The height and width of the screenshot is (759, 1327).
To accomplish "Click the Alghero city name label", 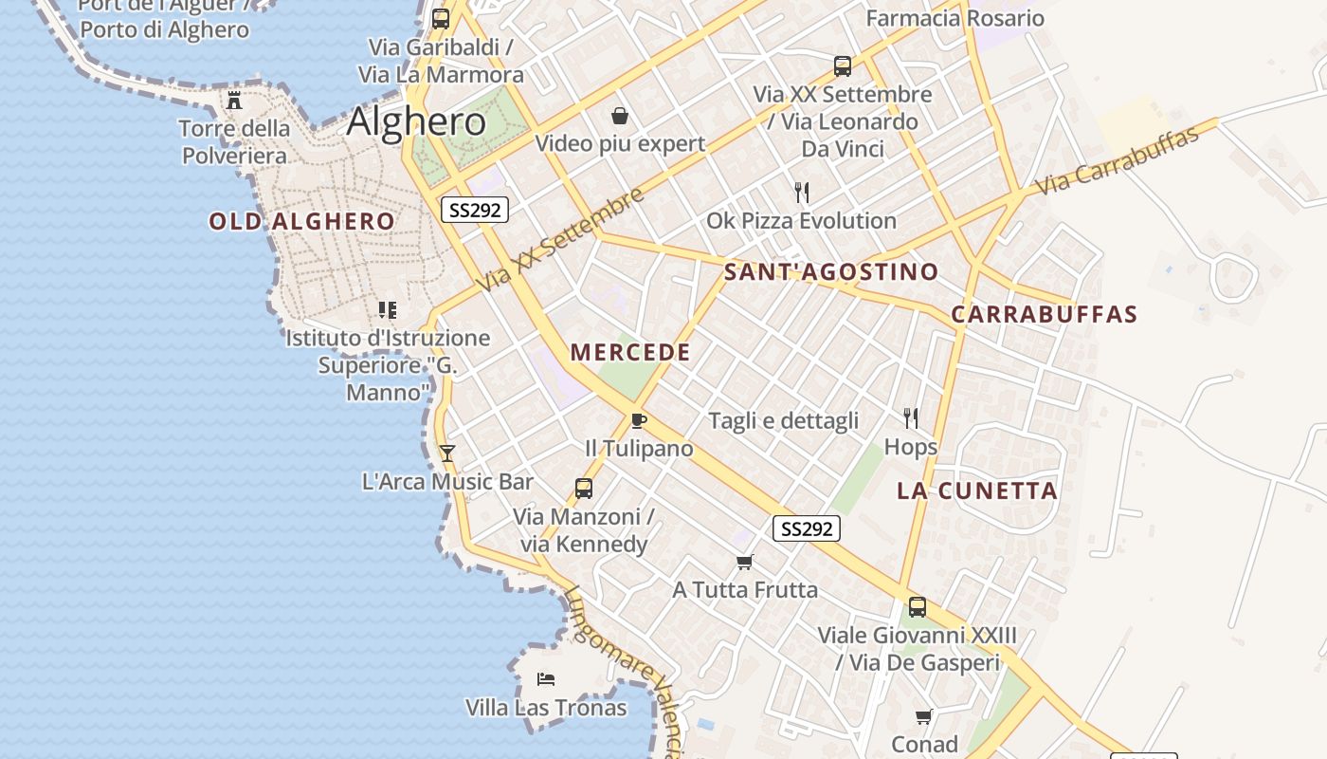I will coord(416,121).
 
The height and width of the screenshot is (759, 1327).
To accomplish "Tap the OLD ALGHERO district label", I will coord(301,222).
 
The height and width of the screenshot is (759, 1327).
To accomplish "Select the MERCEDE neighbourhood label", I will coord(630,352).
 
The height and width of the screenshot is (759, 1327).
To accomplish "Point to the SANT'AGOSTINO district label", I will coord(831,272).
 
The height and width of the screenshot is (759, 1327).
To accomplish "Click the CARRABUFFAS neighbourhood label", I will coord(1044,314).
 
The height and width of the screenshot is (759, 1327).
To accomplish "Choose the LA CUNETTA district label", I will coord(977,491).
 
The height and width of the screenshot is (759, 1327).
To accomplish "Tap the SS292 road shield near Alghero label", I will coord(475,210).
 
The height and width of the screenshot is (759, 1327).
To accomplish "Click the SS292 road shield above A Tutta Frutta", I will coord(807,528).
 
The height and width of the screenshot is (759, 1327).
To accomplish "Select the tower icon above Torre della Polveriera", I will coord(234,101).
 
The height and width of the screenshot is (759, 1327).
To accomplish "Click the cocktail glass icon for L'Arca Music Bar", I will coord(447,454).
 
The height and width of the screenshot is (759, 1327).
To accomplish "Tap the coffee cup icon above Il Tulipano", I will coord(639,420).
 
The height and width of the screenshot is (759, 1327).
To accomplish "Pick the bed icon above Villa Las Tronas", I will coord(546,679).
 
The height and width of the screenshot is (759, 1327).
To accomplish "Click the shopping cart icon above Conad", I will coord(924,716).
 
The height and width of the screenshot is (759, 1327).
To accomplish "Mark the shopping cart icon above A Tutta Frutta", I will coord(745,562).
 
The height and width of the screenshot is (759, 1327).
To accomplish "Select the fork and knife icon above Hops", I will coord(911,418).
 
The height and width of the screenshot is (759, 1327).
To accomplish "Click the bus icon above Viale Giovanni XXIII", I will coord(917,607).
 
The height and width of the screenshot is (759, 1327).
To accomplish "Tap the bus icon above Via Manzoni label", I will coord(584,489).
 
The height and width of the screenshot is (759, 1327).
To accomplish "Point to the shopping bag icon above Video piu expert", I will coord(620,116).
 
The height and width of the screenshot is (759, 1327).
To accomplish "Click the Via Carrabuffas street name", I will coord(1118,160).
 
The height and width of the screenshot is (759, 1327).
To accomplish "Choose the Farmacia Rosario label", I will coord(954,18).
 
